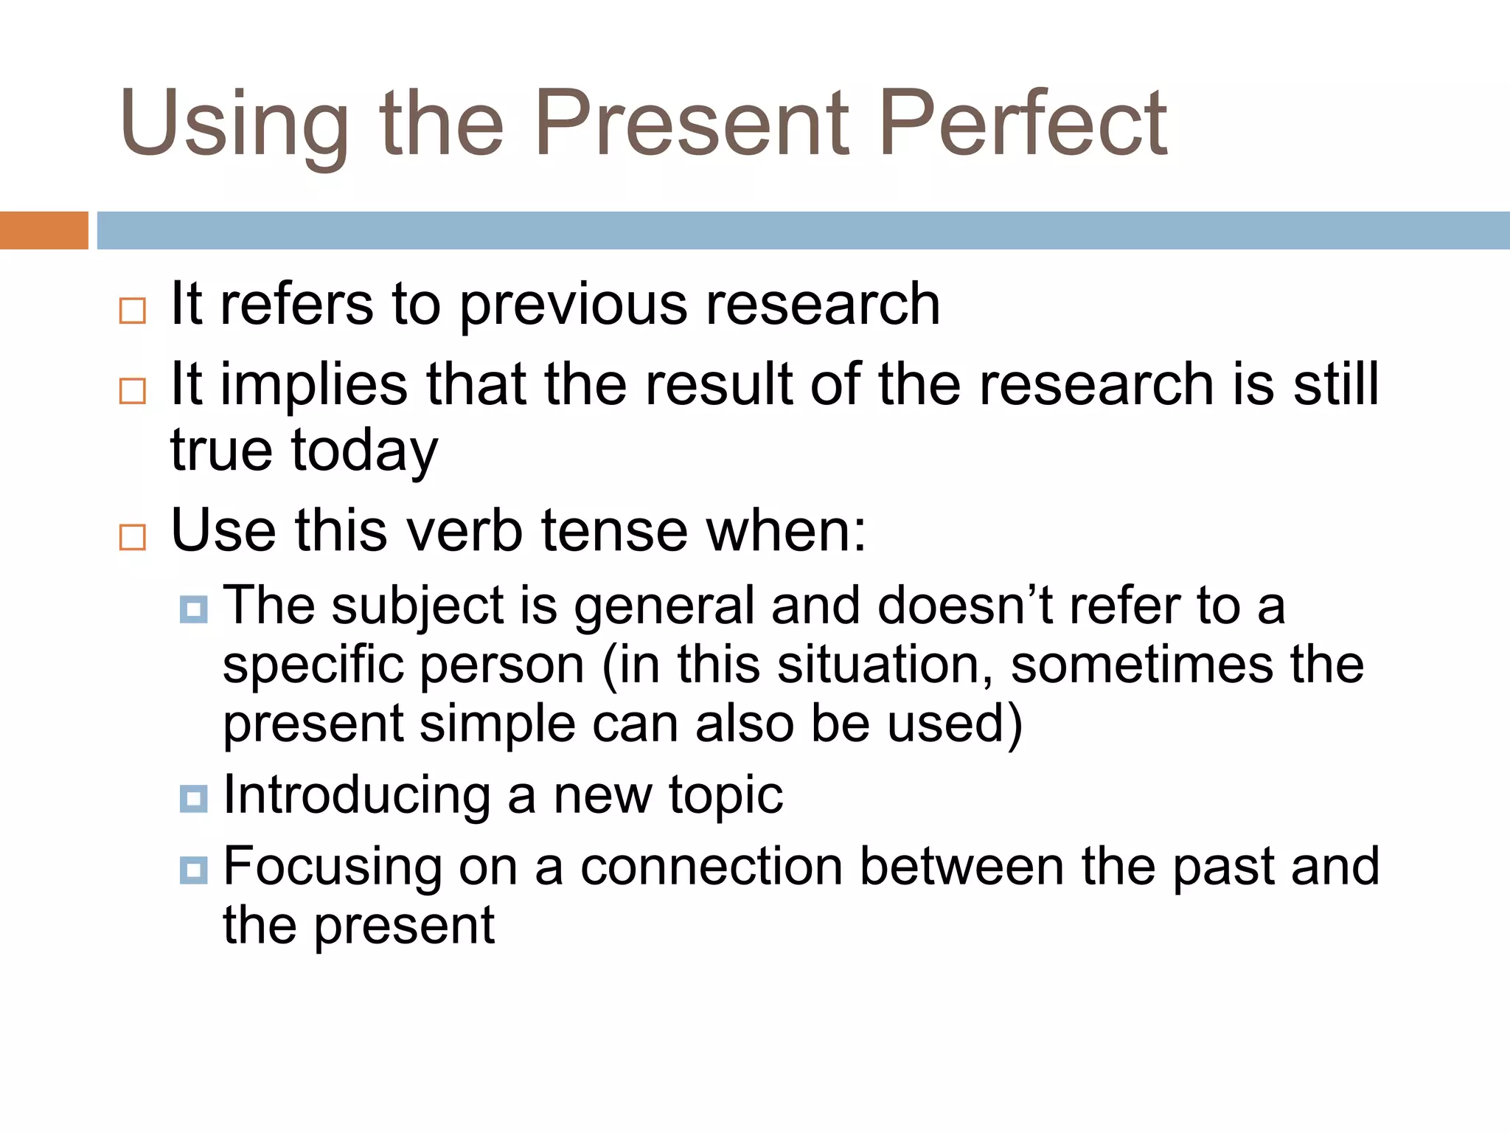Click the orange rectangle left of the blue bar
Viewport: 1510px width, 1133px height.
pos(44,230)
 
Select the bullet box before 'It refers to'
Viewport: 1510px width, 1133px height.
pos(133,311)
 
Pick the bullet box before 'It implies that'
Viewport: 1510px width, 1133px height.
pos(133,390)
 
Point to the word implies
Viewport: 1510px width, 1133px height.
pos(314,385)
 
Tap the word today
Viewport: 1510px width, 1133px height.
pos(365,451)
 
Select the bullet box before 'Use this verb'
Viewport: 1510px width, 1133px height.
pos(133,537)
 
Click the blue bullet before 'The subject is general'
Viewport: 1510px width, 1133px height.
pos(193,609)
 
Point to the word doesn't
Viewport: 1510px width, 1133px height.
pos(964,606)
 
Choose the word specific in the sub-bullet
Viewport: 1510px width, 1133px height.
pos(313,665)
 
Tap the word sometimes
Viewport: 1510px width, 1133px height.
pos(1141,665)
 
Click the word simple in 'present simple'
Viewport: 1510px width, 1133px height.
pos(497,724)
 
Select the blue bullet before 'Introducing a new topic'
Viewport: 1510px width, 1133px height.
pos(193,798)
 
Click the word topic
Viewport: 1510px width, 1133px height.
pos(726,796)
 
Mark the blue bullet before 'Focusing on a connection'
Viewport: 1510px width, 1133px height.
pos(193,870)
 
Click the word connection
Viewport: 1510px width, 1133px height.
pos(711,866)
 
